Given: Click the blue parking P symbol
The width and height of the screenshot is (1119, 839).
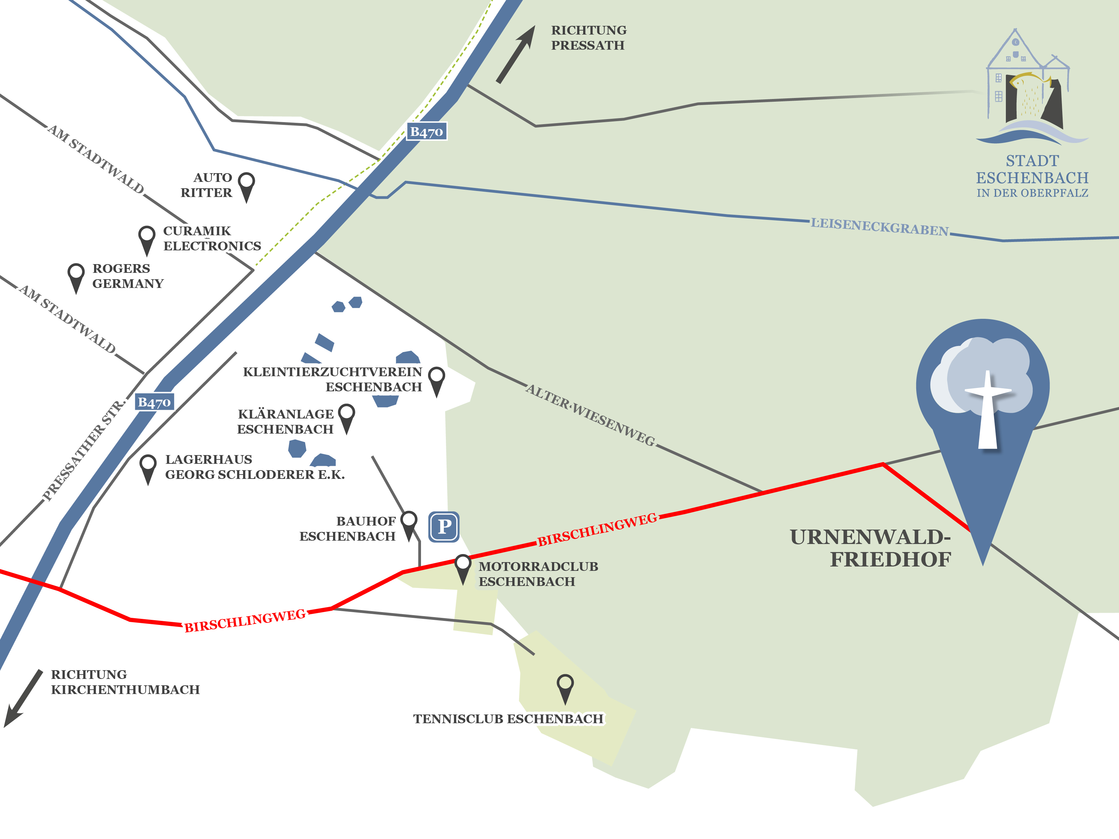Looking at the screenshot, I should tap(444, 527).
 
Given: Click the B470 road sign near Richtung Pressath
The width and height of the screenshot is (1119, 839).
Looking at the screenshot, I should tap(426, 132).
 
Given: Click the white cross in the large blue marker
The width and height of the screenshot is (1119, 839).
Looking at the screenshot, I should tap(987, 410).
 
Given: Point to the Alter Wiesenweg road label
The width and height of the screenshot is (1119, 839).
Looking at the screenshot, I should tap(590, 415).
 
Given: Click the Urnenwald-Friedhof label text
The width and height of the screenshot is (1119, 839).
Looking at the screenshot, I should tap(870, 548).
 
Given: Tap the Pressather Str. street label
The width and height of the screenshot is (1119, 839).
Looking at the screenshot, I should tap(84, 450).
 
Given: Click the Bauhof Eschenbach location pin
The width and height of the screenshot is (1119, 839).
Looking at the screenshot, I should tap(409, 523).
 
